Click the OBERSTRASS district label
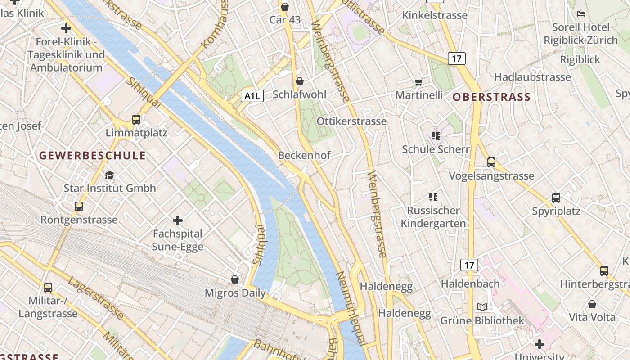tap(491, 97)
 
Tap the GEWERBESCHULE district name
tap(92, 156)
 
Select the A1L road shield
tap(252, 95)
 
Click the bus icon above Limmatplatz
tap(136, 119)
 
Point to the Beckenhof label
tap(304, 155)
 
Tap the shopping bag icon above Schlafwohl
tap(300, 81)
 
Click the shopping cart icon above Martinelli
tap(419, 82)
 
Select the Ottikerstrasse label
tap(351, 121)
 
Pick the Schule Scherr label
tap(436, 149)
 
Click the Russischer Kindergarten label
tap(433, 217)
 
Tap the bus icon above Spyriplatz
tap(556, 198)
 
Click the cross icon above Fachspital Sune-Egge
tap(178, 220)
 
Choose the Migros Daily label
tap(235, 293)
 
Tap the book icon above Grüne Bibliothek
tap(482, 307)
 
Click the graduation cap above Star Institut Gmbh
tap(109, 175)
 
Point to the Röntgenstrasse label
tap(79, 220)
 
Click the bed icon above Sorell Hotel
tap(581, 14)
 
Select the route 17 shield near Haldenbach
tap(469, 265)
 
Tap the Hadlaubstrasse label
tap(532, 77)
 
